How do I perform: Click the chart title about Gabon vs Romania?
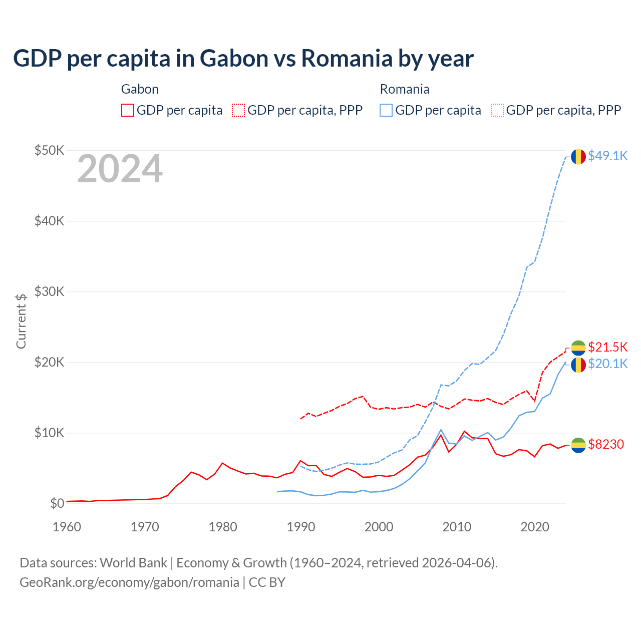tap(243, 59)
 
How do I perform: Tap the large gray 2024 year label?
tap(120, 169)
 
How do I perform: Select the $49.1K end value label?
tap(607, 156)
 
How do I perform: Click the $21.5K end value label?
tap(607, 347)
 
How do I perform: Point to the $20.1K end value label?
tap(607, 364)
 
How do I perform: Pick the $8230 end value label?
tap(606, 444)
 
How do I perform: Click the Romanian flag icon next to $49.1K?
tap(578, 156)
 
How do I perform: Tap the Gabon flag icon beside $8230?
tap(578, 445)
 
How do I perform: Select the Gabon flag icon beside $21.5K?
tap(578, 348)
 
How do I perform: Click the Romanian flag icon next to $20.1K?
tap(578, 365)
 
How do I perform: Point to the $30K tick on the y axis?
tap(49, 291)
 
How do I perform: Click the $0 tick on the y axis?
tap(57, 503)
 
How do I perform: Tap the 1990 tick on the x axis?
tap(301, 527)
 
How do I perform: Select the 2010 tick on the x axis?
tap(457, 527)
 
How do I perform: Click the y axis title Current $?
tap(21, 321)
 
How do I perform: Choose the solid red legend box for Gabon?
tap(128, 110)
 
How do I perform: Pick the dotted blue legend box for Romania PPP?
tap(497, 110)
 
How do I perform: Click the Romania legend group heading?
tap(405, 89)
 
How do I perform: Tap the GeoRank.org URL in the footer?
tap(129, 582)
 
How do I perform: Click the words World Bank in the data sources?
tap(133, 563)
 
